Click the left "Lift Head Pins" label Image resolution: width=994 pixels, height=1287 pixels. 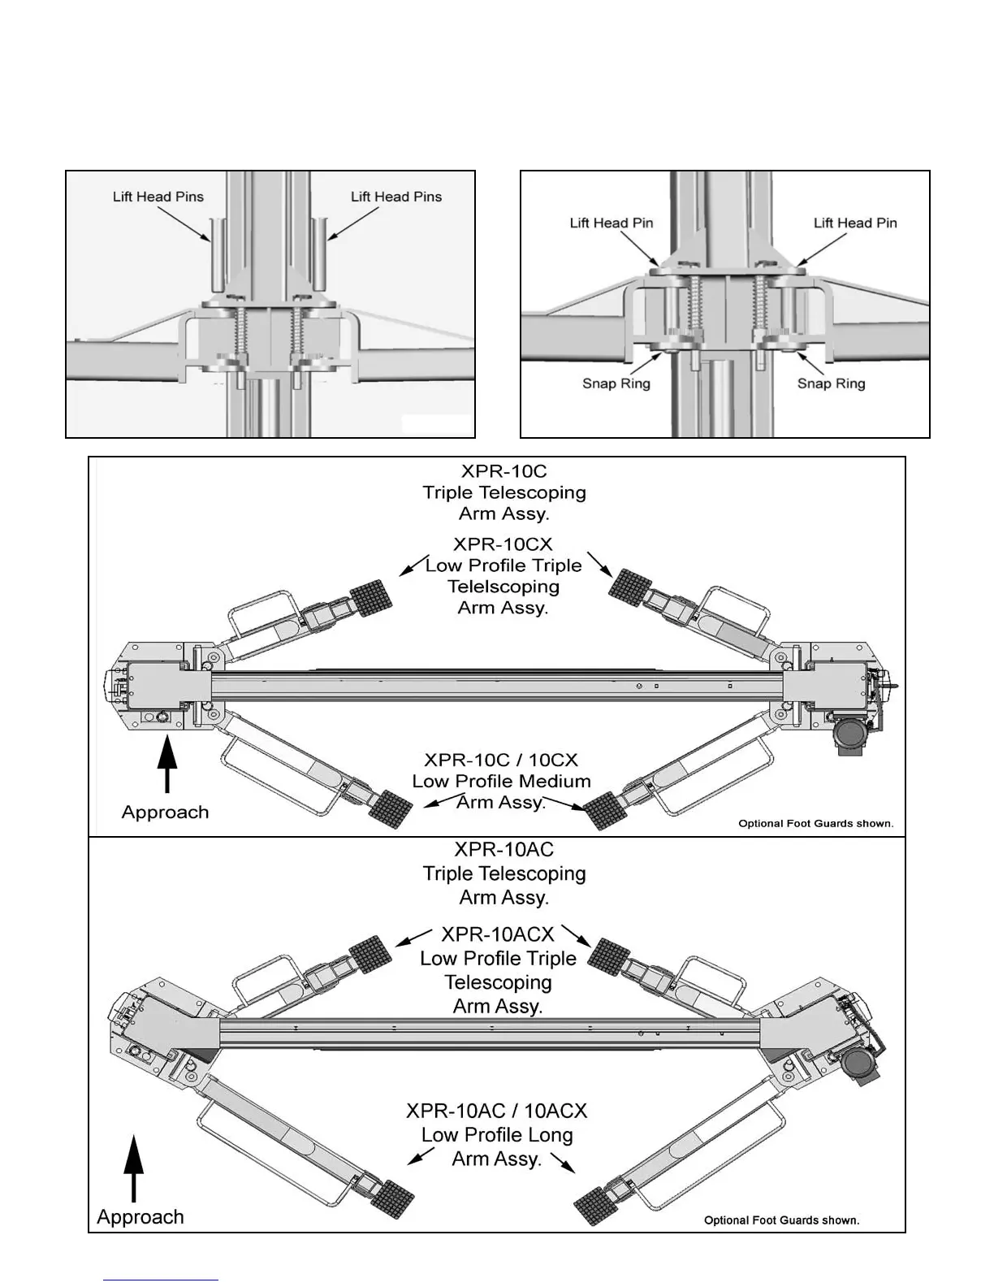[158, 197]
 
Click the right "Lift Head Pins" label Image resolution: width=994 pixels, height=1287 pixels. [395, 197]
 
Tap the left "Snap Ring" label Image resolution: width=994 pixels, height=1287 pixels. [616, 383]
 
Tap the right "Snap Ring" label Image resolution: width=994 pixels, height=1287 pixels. [831, 383]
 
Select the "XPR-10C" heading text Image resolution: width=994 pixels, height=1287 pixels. [503, 471]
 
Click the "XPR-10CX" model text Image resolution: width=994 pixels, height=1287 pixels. [503, 544]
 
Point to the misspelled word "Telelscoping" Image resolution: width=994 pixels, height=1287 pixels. [503, 587]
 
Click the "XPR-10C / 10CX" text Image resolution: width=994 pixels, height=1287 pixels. [501, 760]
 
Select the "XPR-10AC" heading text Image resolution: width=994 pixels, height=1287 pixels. [503, 850]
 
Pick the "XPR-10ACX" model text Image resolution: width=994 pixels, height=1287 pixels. [497, 934]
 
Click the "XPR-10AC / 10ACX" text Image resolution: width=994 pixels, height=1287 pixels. [496, 1111]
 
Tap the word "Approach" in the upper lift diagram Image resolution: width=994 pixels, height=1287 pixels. [165, 812]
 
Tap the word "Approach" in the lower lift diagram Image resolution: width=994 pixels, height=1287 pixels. [140, 1217]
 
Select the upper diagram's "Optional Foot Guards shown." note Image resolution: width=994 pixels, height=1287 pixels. [815, 824]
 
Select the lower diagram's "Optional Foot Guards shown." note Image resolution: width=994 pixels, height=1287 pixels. [781, 1220]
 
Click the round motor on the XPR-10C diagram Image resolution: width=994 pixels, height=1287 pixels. [849, 735]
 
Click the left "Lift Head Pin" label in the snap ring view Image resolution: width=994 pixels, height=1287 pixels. [611, 223]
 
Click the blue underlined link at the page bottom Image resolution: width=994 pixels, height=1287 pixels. [162, 1280]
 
